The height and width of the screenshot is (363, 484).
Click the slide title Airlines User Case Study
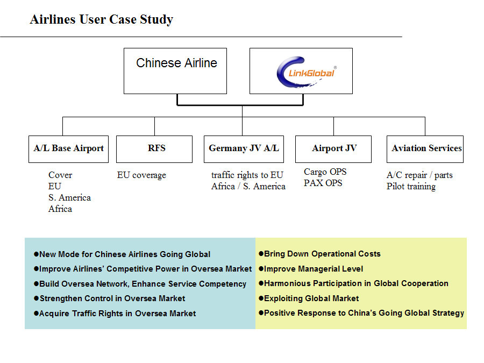[x=102, y=19]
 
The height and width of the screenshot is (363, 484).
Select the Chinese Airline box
[x=175, y=71]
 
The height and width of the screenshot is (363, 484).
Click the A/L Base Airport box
[x=68, y=149]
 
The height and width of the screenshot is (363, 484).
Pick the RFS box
[x=154, y=149]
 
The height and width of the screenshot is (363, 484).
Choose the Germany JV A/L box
[x=244, y=149]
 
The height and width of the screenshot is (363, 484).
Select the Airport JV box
[x=333, y=149]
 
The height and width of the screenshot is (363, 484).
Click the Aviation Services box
[x=425, y=149]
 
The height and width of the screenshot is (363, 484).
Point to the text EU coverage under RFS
[x=141, y=175]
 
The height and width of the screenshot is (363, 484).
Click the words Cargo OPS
[x=325, y=172]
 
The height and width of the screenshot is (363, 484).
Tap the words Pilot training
[x=411, y=187]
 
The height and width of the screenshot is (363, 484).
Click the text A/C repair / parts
[x=420, y=175]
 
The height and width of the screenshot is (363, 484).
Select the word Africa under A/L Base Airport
[x=60, y=209]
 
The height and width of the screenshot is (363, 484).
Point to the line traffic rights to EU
[x=247, y=175]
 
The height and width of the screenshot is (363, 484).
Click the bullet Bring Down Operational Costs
[x=319, y=254]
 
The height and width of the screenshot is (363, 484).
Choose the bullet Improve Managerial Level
[x=311, y=269]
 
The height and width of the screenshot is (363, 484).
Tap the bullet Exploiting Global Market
[x=309, y=298]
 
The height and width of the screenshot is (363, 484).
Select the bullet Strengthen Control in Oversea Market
[x=110, y=298]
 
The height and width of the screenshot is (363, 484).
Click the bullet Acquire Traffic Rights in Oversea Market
[x=115, y=314]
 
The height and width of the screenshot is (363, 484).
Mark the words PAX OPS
[x=323, y=183]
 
